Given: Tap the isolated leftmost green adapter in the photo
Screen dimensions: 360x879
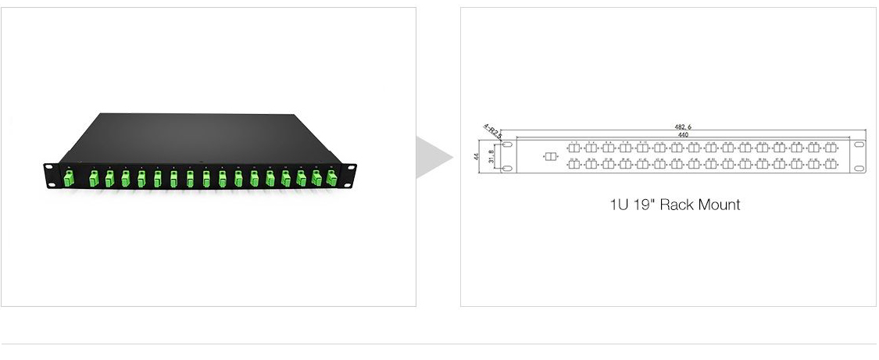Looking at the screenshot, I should pos(69,179).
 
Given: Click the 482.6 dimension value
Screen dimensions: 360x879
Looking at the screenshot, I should pos(683,127).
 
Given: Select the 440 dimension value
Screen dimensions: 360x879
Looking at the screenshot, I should pos(683,135).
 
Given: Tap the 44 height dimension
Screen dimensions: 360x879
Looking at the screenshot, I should pos(477,156).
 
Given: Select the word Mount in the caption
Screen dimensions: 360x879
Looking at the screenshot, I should pos(720,205).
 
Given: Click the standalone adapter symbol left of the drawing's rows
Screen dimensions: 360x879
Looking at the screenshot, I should pos(550,157).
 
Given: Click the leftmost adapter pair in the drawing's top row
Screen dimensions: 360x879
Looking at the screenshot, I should pos(574,148).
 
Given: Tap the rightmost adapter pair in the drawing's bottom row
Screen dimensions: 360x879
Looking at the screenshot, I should pos(831,164).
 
